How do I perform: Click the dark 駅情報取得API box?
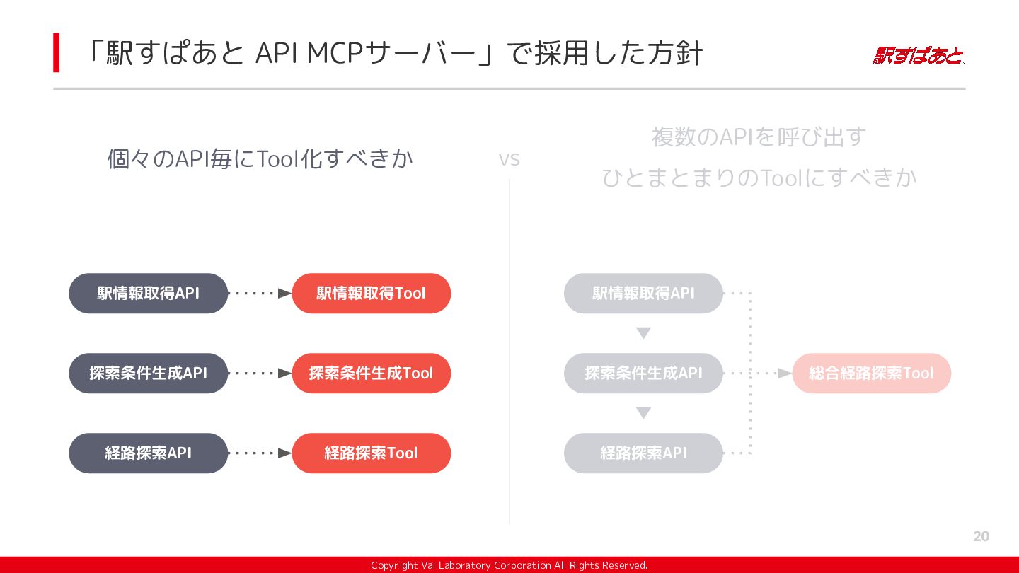149,294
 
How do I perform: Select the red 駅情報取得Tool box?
372,294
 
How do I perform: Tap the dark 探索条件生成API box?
149,374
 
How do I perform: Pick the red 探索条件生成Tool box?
372,374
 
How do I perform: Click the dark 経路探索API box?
149,453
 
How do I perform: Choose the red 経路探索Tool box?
372,453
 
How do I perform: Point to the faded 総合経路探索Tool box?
872,374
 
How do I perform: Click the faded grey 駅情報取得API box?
643,294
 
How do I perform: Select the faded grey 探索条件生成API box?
643,374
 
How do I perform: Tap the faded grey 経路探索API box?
643,453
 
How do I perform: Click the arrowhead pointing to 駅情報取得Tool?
285,294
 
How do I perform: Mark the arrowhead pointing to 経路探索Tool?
285,453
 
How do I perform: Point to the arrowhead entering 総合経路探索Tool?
785,374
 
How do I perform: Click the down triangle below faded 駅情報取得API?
643,333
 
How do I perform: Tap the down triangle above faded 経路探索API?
643,413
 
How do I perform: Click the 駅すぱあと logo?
918,56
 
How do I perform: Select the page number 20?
981,536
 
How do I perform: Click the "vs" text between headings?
509,160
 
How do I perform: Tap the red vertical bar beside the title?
57,52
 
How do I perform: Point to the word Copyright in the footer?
394,565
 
